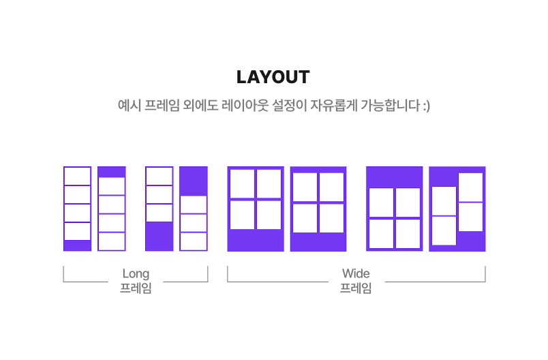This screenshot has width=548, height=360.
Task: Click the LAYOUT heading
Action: click(x=273, y=77)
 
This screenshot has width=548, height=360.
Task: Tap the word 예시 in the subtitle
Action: click(x=129, y=106)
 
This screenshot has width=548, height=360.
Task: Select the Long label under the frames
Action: click(x=136, y=273)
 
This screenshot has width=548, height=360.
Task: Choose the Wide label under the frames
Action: click(x=356, y=273)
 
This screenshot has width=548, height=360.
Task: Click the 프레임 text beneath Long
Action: click(x=136, y=288)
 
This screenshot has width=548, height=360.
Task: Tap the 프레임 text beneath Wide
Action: click(x=356, y=288)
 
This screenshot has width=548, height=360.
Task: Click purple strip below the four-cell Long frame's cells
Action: click(x=77, y=245)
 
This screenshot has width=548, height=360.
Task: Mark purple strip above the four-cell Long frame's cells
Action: click(x=112, y=172)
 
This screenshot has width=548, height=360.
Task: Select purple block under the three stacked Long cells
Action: click(x=159, y=236)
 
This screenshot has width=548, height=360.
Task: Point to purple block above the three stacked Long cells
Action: click(x=194, y=181)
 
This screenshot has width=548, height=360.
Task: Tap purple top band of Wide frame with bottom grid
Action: click(x=395, y=177)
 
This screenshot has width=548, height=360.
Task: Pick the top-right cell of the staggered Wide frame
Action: click(x=470, y=187)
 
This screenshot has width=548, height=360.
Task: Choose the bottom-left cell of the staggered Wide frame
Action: click(x=444, y=230)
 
